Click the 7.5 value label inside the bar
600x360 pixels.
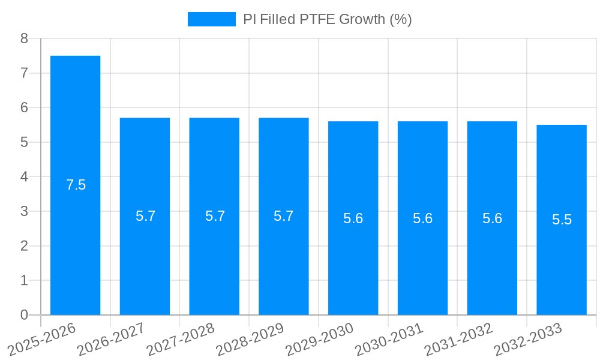[x=76, y=185]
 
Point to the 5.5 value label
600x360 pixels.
[x=562, y=220]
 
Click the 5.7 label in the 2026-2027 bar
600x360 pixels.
[x=145, y=216]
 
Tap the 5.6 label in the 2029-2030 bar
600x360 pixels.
[x=353, y=218]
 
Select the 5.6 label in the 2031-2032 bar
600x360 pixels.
[x=492, y=218]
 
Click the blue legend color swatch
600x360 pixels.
[x=211, y=19]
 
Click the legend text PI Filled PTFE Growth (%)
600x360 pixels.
[x=327, y=19]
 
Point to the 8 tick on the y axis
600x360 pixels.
[x=24, y=38]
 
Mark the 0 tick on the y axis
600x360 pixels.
[x=24, y=315]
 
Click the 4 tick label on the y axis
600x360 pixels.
[x=24, y=177]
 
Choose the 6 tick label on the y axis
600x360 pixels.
[x=24, y=107]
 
